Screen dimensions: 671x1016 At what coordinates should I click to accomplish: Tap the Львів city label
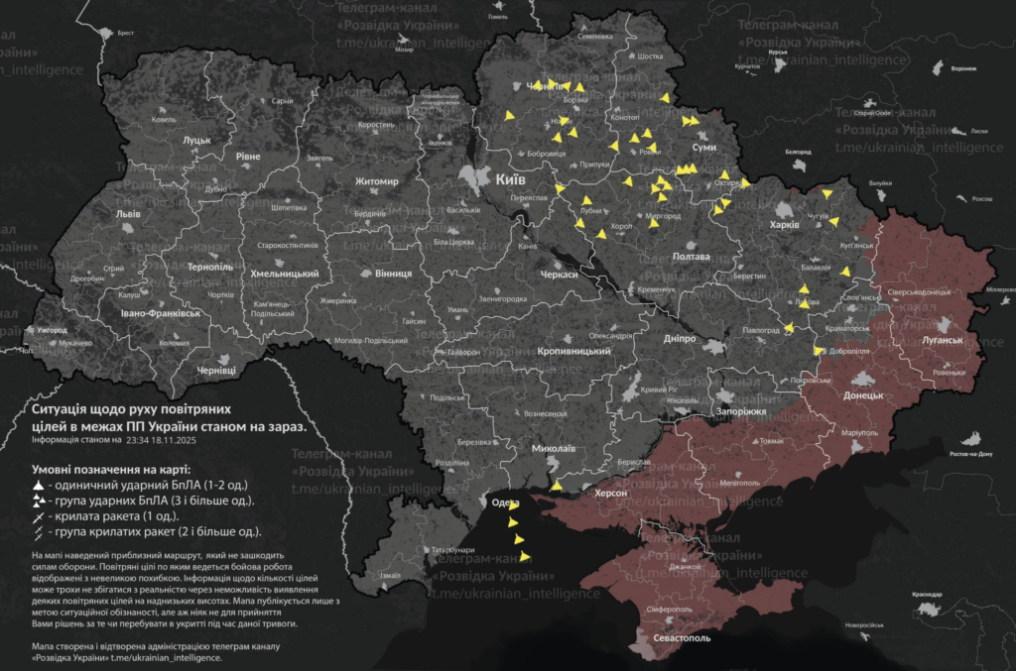pos(128,214)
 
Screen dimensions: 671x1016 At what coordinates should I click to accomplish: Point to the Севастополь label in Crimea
pos(682,638)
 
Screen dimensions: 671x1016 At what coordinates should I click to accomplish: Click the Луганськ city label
pos(942,340)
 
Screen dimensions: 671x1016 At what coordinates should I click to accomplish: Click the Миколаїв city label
pos(553,447)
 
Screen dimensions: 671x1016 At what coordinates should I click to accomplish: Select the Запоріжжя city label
pos(739,410)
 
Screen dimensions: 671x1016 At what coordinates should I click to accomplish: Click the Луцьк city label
pos(196,141)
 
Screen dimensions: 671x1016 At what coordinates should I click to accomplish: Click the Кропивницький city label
pos(577,352)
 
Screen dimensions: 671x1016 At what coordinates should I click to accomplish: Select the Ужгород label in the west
pos(49,329)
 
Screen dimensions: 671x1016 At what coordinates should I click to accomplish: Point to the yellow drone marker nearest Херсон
pos(557,486)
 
